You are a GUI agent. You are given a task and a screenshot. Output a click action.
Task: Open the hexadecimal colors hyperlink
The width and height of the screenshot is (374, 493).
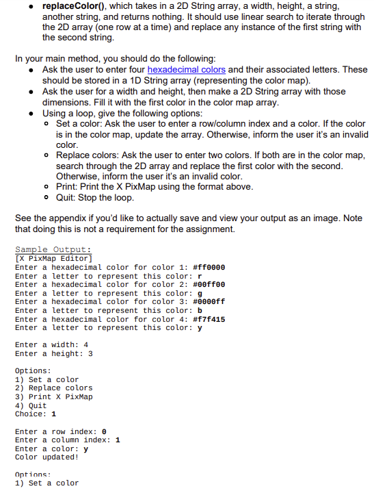[186, 70]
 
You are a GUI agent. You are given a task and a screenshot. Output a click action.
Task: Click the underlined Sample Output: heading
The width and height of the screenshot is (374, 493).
[53, 249]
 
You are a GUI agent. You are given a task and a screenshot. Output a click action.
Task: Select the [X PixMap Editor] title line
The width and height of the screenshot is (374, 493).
[53, 258]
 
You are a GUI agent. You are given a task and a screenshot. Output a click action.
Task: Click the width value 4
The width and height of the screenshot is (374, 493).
[85, 344]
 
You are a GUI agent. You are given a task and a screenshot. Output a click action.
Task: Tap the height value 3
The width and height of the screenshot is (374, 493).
[90, 353]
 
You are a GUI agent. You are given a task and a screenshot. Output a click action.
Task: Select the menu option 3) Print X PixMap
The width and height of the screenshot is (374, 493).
[53, 396]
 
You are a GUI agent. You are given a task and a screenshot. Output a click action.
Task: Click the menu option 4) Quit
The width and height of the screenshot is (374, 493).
[31, 405]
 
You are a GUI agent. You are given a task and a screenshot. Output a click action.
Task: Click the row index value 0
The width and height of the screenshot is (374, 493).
[104, 431]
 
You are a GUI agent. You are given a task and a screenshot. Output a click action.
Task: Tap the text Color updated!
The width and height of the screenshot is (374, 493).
[46, 457]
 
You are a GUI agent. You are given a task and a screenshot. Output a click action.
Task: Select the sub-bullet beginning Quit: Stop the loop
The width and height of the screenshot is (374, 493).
[94, 197]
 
